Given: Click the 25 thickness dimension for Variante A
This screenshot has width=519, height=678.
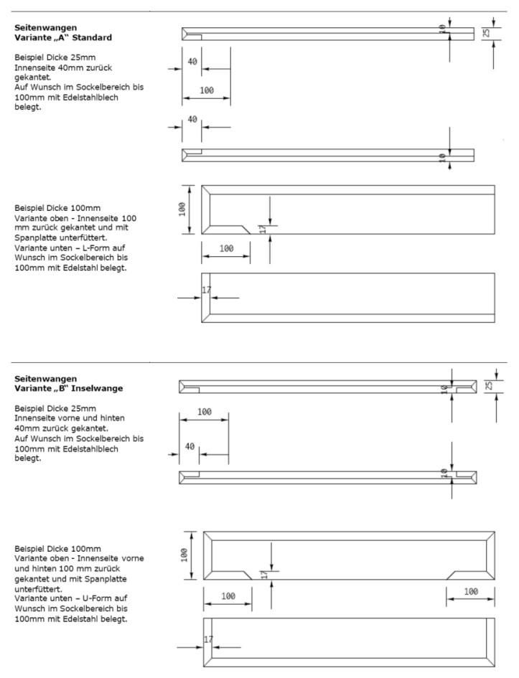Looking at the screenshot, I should pyautogui.click(x=486, y=33).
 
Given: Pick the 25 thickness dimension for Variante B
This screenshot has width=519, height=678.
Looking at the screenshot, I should pyautogui.click(x=489, y=386).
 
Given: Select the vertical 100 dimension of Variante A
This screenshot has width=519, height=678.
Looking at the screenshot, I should pyautogui.click(x=183, y=208).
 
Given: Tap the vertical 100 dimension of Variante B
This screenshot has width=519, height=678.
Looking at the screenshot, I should pyautogui.click(x=184, y=555).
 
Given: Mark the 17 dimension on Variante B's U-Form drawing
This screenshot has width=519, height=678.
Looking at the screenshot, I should pyautogui.click(x=209, y=639).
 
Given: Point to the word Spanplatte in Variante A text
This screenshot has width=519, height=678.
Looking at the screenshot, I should pyautogui.click(x=39, y=237).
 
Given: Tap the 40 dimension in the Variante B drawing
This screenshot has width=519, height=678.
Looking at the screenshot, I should pyautogui.click(x=190, y=446).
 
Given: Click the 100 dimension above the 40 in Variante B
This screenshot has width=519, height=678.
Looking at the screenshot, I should pyautogui.click(x=204, y=412).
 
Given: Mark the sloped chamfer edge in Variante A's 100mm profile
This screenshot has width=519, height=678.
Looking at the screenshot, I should pyautogui.click(x=244, y=227).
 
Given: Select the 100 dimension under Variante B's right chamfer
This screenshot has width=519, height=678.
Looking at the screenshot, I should pyautogui.click(x=471, y=592).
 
